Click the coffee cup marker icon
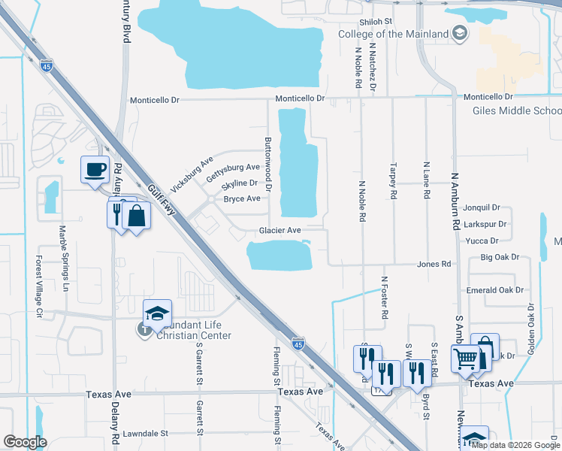coord(95,169)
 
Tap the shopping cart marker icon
coord(465,359)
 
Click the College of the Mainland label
coord(394,34)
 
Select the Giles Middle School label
coord(516,110)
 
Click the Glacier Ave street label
coord(280,231)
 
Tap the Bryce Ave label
coord(242,199)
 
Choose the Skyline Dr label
coord(239,183)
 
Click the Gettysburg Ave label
coord(232,173)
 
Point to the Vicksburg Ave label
coord(192,173)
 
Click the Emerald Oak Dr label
coord(494,290)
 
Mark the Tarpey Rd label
coord(393,180)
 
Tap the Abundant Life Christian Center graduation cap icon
coord(158,313)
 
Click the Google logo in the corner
coord(25,442)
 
